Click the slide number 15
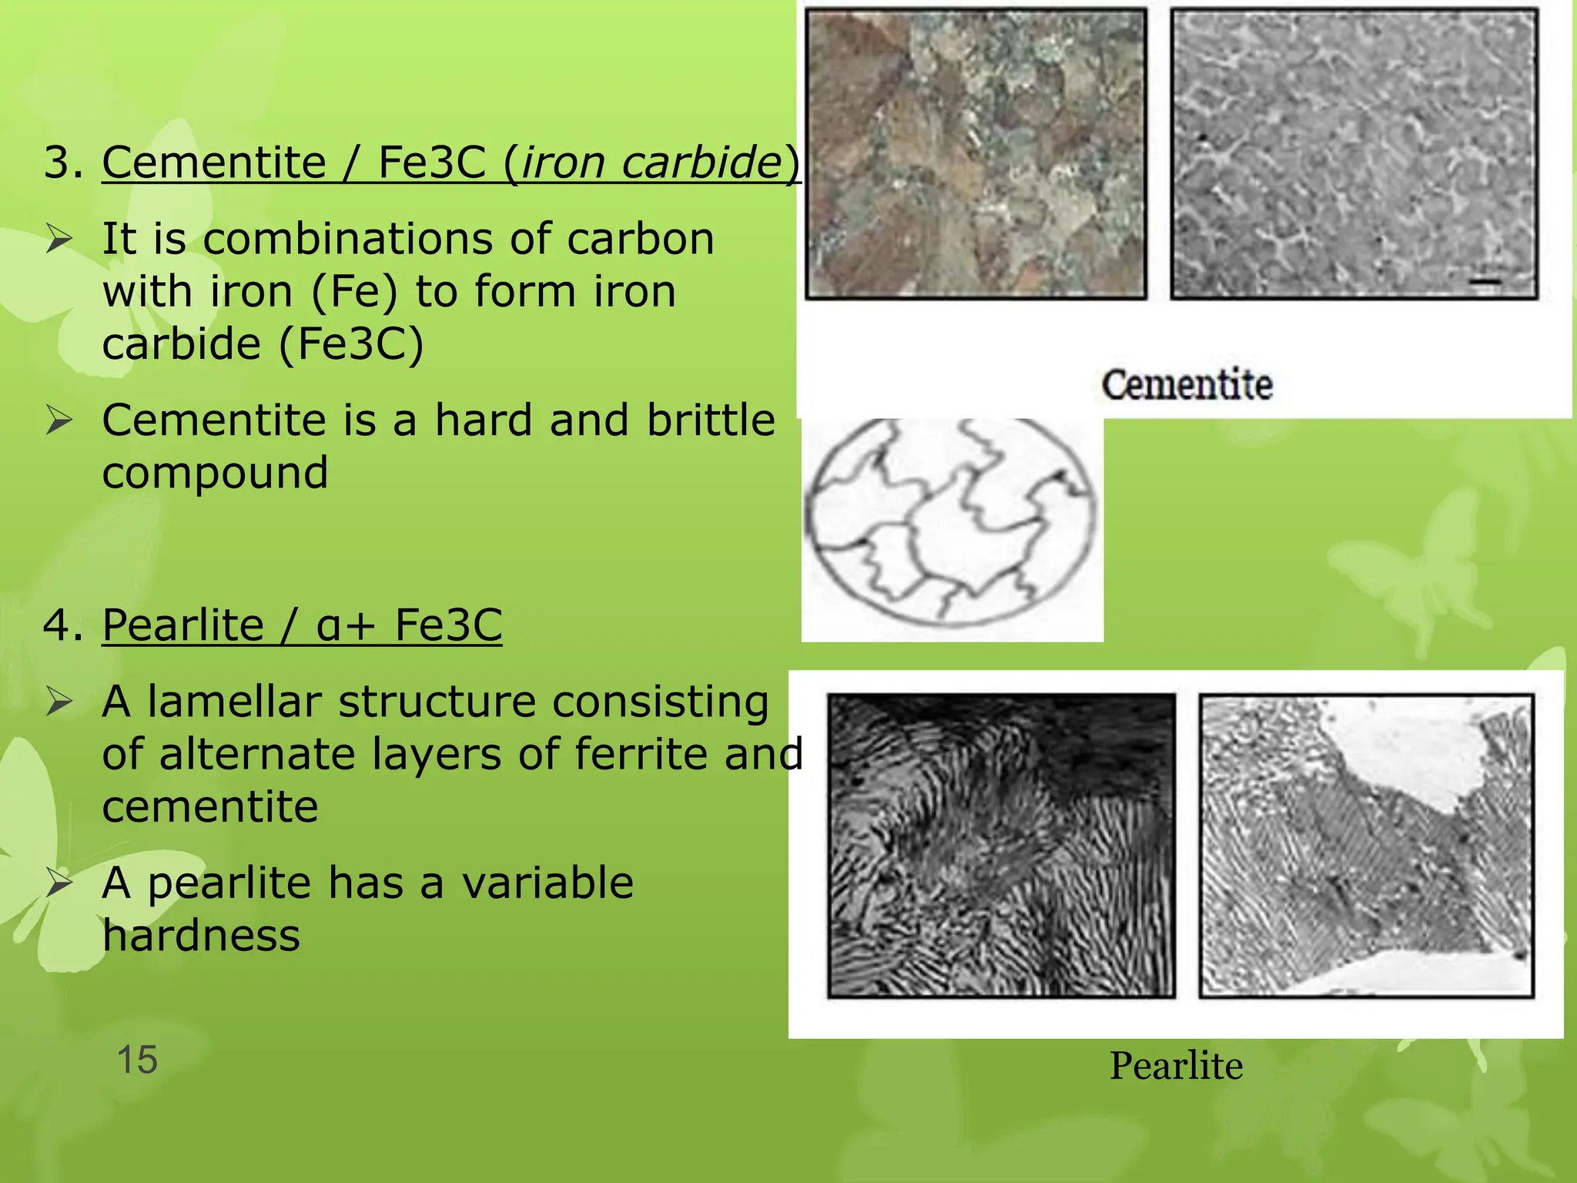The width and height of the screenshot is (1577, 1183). pos(137,1060)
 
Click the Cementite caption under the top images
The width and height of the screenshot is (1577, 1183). pos(1187,384)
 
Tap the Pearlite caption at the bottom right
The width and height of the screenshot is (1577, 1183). pos(1176,1066)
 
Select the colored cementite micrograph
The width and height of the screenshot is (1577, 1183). pos(976,154)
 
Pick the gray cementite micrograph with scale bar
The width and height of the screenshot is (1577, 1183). pos(1354,154)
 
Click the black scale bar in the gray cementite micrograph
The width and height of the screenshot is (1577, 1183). pos(1485,282)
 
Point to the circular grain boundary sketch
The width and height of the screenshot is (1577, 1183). pos(951,522)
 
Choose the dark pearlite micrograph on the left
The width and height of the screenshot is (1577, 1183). pos(1001,846)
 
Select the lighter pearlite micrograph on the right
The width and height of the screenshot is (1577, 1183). pos(1367,846)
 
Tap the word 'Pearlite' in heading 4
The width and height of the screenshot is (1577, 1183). pos(183,624)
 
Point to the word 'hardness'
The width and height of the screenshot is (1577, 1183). pos(201,936)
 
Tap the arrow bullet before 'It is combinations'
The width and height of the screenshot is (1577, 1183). pos(59,239)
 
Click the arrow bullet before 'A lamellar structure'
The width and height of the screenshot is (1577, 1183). pos(59,702)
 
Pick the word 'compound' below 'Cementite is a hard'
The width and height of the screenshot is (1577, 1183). pos(215,473)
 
